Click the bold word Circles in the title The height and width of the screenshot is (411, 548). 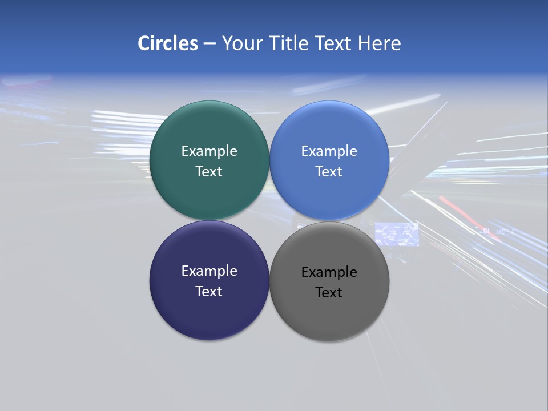[168, 43]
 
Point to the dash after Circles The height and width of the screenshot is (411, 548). [209, 44]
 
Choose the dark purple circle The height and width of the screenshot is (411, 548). [209, 314]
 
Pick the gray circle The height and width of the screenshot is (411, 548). [329, 317]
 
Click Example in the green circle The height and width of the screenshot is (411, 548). [209, 151]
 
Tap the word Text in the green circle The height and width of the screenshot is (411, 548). [209, 172]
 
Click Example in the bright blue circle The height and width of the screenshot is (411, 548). [329, 151]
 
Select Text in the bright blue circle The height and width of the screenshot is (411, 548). [329, 172]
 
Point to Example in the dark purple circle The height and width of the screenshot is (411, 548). [209, 271]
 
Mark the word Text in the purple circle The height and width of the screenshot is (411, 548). [209, 292]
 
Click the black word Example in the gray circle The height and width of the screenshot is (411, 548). [329, 272]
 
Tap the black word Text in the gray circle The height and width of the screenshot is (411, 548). [329, 293]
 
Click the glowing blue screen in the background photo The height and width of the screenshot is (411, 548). [397, 234]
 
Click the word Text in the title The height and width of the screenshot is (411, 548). [334, 43]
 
